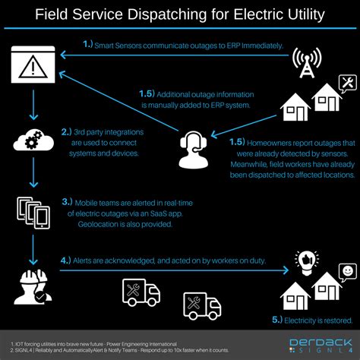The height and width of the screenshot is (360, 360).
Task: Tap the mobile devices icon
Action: (x=33, y=212)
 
